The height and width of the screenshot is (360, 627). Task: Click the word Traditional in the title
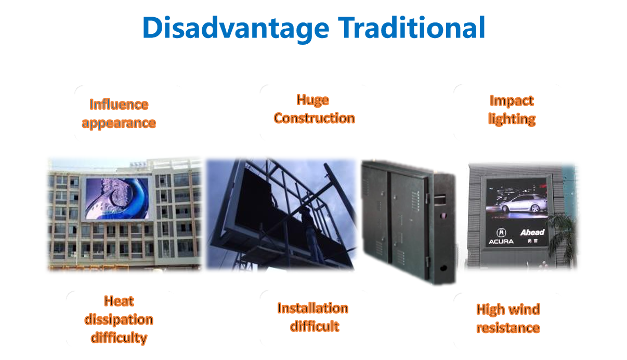click(x=411, y=27)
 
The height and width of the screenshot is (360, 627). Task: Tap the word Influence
click(x=119, y=105)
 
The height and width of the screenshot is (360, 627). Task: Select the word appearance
click(x=119, y=123)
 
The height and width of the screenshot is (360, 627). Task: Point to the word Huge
click(x=312, y=100)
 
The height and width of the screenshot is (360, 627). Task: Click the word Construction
click(x=315, y=118)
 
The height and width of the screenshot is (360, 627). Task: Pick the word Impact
click(x=512, y=101)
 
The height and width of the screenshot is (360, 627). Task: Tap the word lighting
click(x=512, y=119)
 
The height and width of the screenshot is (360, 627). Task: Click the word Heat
click(x=119, y=301)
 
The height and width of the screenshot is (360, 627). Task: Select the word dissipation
click(x=119, y=319)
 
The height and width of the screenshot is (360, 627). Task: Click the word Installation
click(x=312, y=308)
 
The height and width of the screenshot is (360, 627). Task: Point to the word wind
click(x=524, y=310)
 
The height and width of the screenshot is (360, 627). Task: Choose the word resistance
click(x=508, y=328)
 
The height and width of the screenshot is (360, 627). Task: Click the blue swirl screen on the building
click(x=117, y=198)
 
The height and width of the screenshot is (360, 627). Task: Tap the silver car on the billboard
click(x=524, y=203)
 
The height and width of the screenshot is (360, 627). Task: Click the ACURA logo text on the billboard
click(x=501, y=241)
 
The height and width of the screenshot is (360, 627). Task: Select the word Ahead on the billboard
click(x=532, y=233)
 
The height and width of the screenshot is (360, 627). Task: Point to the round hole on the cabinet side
click(x=443, y=268)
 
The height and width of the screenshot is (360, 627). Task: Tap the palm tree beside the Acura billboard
click(x=561, y=238)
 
